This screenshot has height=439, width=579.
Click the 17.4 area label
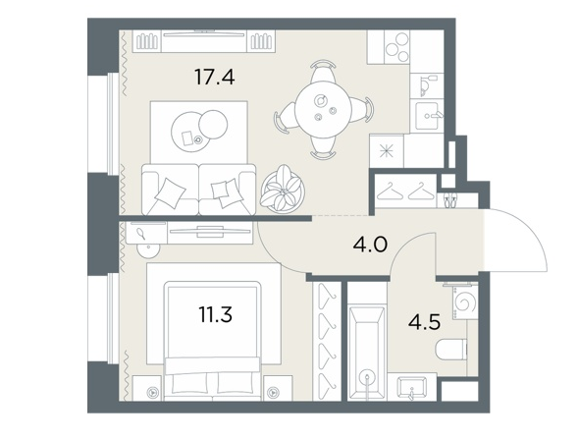click(x=215, y=78)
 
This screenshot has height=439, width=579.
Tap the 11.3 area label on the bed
click(x=215, y=314)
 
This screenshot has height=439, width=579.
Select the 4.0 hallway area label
click(x=370, y=245)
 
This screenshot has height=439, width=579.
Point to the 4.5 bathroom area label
click(x=424, y=322)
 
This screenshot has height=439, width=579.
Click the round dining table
click(x=323, y=109)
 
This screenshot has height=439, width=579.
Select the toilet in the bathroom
click(x=451, y=350)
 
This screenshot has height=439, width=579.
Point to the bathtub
click(x=366, y=352)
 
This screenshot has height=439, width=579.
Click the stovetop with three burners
click(x=396, y=47)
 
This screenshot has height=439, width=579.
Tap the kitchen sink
click(x=427, y=115)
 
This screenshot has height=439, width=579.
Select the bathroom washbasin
click(x=412, y=387)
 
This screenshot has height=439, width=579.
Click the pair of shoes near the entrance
click(x=449, y=200)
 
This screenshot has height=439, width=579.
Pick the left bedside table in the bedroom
click(x=147, y=388)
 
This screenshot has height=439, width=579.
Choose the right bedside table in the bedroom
click(x=278, y=388)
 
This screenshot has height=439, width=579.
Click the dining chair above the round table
click(x=323, y=72)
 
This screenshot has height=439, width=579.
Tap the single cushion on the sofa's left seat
click(x=170, y=193)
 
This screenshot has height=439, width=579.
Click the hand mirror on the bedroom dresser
click(x=140, y=234)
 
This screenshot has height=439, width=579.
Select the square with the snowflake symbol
click(x=387, y=151)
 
